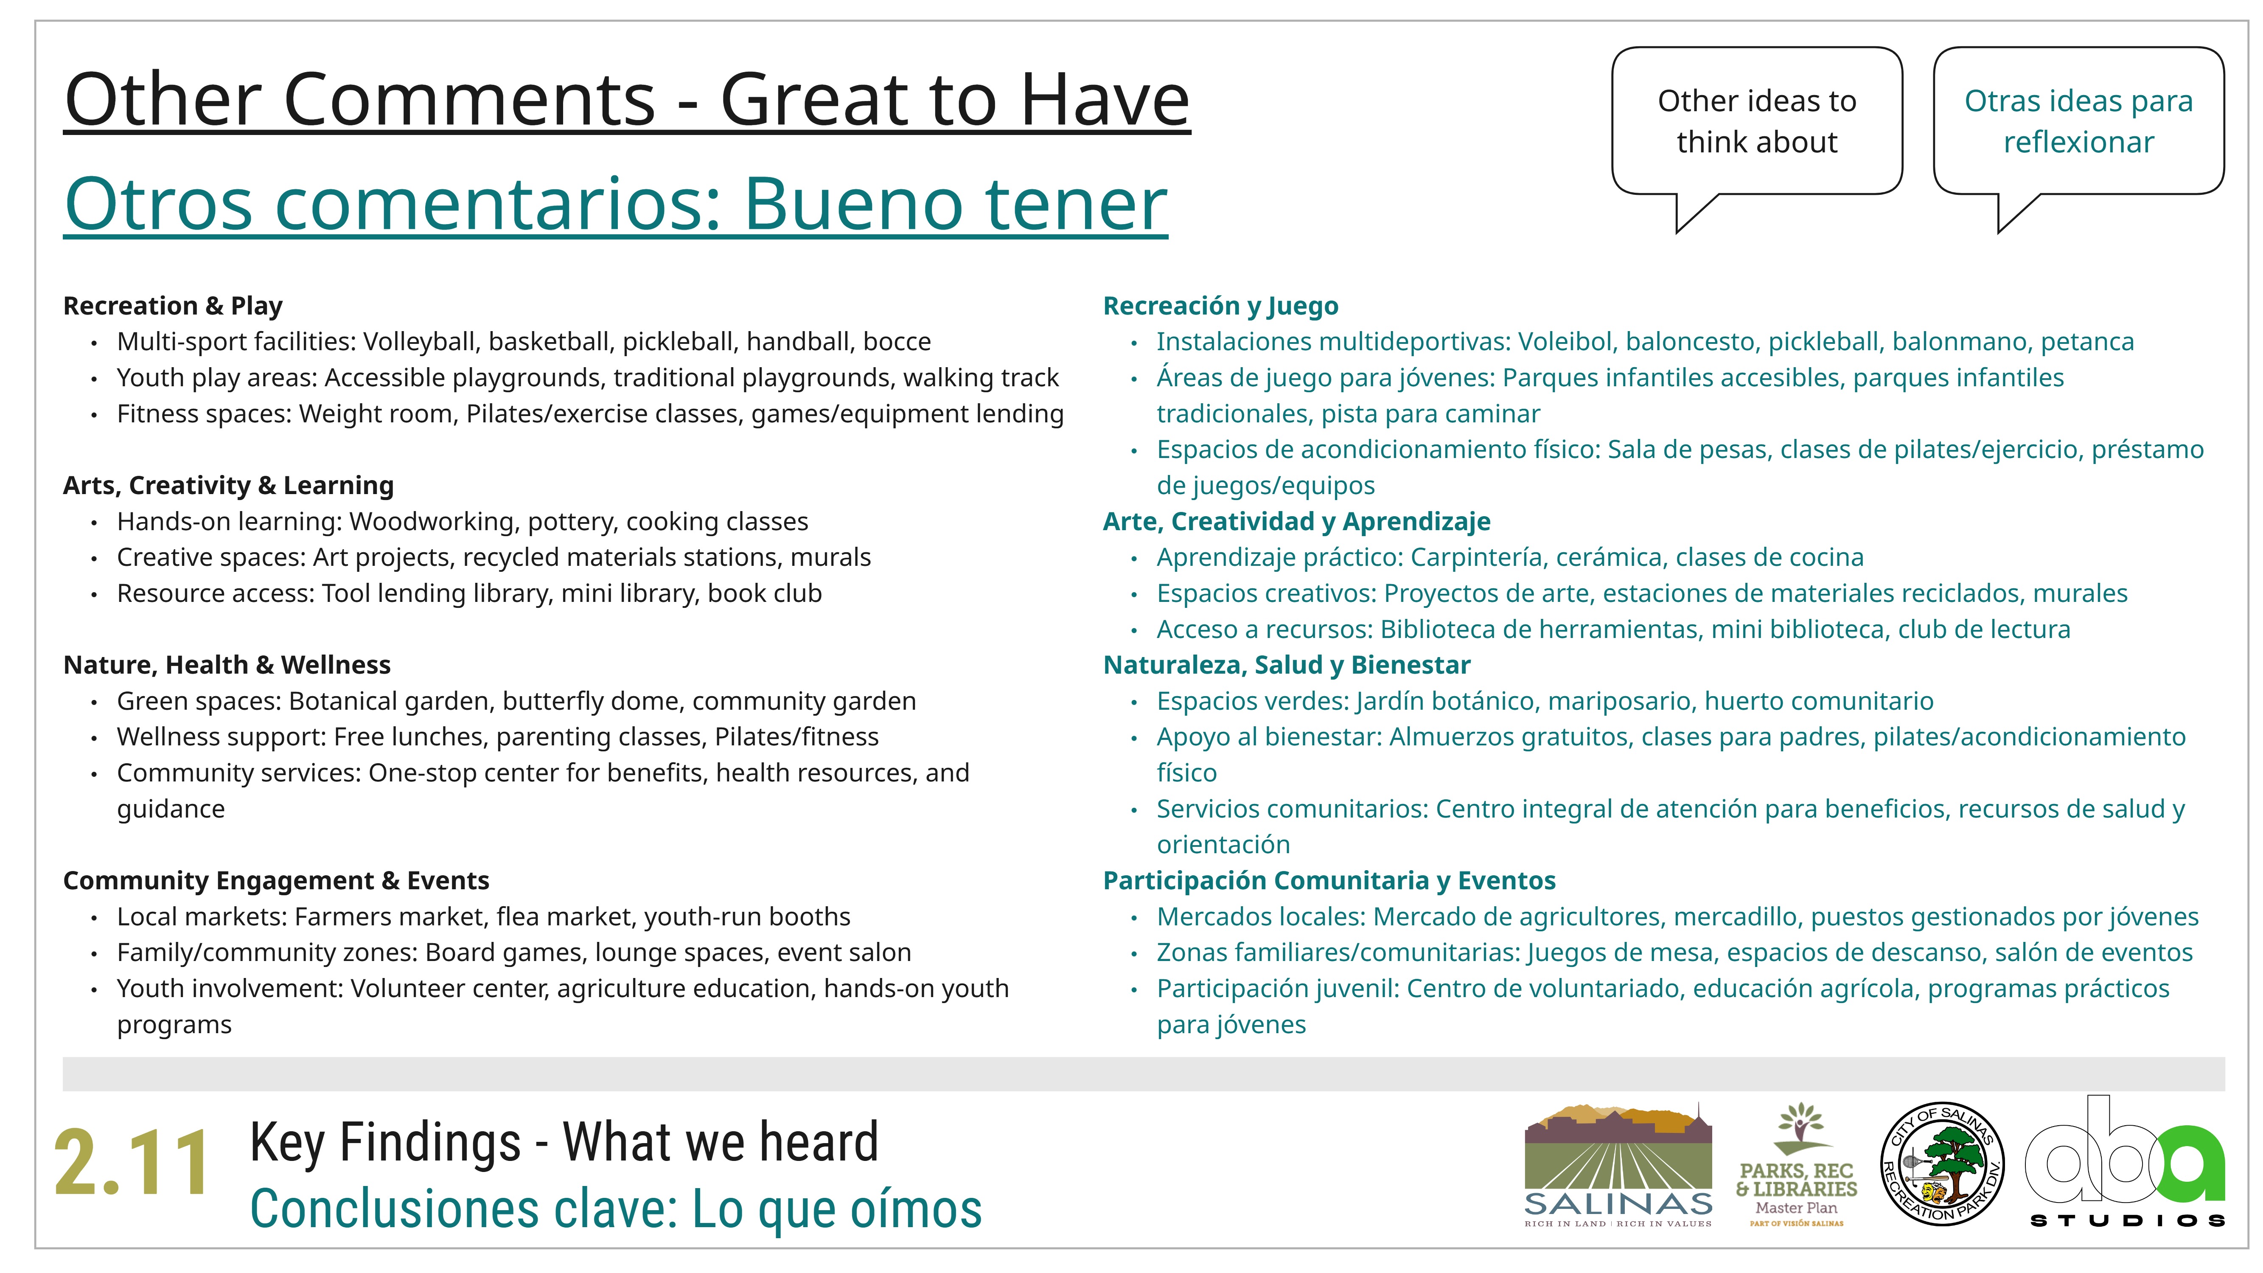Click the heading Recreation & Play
point(173,306)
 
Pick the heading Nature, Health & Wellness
point(227,665)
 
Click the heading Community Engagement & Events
point(276,880)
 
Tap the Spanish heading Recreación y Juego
point(1220,306)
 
